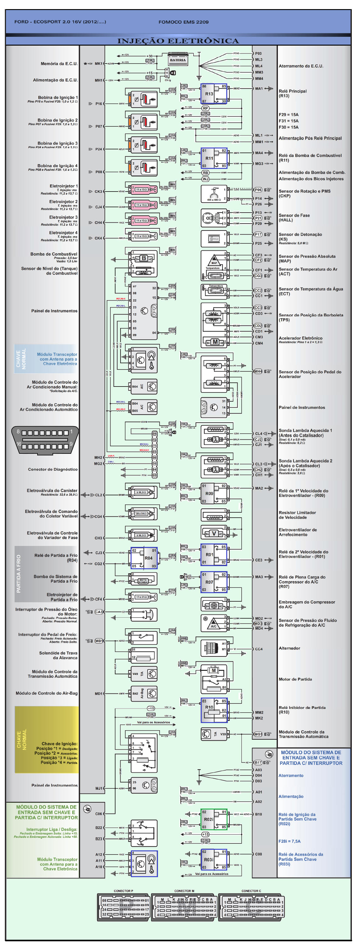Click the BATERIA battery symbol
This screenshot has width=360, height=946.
pyautogui.click(x=178, y=60)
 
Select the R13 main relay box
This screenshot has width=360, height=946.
pyautogui.click(x=214, y=94)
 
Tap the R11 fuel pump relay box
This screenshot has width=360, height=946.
pyautogui.click(x=214, y=158)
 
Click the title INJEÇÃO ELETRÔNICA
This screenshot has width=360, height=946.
pyautogui.click(x=178, y=41)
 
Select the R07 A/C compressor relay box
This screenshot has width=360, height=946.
pyautogui.click(x=214, y=582)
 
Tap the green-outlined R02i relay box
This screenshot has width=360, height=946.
pyautogui.click(x=214, y=819)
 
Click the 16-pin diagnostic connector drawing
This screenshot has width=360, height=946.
pyautogui.click(x=45, y=440)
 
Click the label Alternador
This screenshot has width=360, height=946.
pyautogui.click(x=290, y=648)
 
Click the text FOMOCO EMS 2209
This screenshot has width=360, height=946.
pyautogui.click(x=183, y=22)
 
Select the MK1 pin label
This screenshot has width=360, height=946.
pyautogui.click(x=98, y=64)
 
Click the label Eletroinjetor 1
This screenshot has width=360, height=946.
pyautogui.click(x=64, y=186)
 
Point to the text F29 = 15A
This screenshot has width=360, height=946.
pyautogui.click(x=288, y=114)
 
